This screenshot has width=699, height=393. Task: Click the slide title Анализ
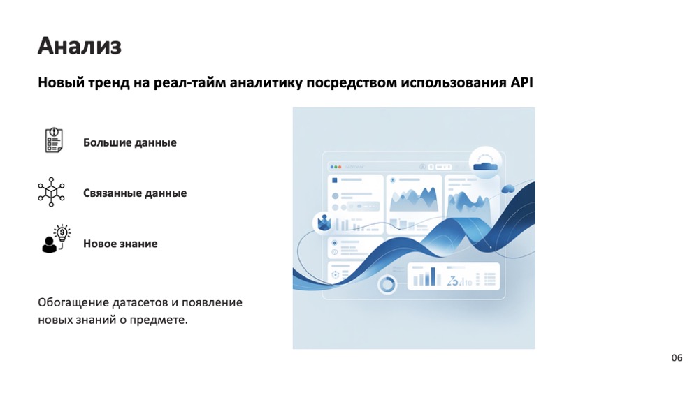(x=80, y=46)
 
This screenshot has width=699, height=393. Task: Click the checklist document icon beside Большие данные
(x=53, y=140)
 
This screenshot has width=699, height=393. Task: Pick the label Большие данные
(x=130, y=142)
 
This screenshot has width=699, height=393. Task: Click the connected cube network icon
(x=51, y=192)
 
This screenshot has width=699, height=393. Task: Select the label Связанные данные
(x=135, y=193)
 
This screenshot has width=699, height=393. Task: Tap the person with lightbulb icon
(x=53, y=239)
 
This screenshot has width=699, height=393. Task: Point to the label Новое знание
(x=120, y=244)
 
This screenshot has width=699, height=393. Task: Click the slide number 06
(x=677, y=358)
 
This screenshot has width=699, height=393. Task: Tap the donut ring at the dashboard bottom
(x=387, y=283)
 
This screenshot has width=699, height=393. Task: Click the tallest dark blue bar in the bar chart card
(x=433, y=276)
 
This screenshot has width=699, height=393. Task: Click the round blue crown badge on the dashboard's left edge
(x=324, y=222)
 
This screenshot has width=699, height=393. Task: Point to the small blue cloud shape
(x=508, y=188)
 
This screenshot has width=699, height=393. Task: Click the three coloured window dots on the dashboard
(x=336, y=167)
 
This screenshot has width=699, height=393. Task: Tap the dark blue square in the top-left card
(x=335, y=180)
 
